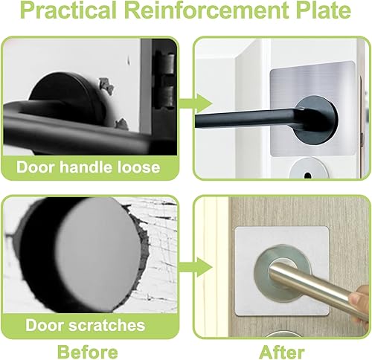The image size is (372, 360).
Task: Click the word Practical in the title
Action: (68, 10)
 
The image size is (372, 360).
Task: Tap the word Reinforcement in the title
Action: (206, 10)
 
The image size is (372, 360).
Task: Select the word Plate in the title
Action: (323, 10)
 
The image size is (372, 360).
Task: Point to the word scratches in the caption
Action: (106, 325)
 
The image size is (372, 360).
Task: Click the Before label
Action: (87, 352)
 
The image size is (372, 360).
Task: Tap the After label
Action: (281, 352)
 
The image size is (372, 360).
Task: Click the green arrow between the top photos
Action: (195, 103)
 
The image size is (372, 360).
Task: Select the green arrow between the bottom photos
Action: (195, 267)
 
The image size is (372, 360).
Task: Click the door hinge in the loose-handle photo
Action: (164, 80)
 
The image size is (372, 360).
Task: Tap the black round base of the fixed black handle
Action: (316, 120)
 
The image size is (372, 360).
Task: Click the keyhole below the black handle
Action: (308, 176)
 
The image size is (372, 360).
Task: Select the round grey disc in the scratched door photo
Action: (98, 254)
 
